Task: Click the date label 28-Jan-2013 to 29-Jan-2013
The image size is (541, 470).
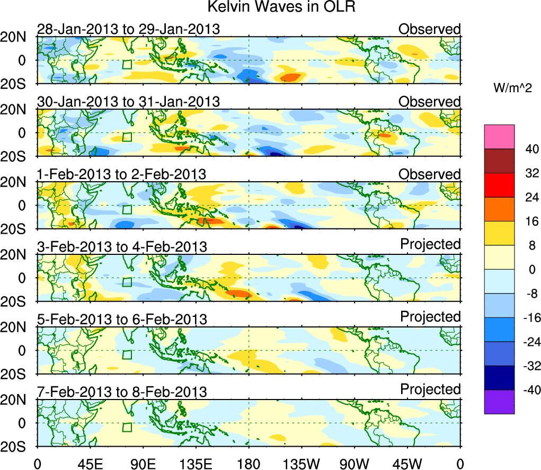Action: click(x=128, y=29)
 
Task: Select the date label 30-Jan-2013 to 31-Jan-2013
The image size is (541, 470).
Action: click(x=128, y=102)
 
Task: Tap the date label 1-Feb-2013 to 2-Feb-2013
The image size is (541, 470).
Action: click(x=121, y=174)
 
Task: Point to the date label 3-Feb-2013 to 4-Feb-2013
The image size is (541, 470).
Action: click(x=121, y=246)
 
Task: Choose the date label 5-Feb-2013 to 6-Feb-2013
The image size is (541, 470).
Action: click(x=121, y=319)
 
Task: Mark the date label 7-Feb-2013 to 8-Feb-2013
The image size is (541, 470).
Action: click(x=121, y=392)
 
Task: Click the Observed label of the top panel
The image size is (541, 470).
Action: click(x=430, y=29)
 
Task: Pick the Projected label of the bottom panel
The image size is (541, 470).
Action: click(x=430, y=389)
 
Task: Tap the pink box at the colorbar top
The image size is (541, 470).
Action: click(x=499, y=137)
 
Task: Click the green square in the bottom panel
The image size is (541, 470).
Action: click(x=127, y=427)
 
